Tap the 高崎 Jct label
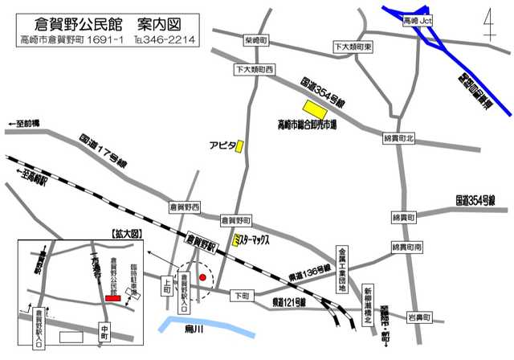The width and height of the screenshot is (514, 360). point(417,18)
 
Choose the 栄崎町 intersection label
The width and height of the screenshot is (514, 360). point(257,39)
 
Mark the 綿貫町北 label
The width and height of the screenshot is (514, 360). point(400,139)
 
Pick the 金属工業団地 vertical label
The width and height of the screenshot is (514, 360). point(342,270)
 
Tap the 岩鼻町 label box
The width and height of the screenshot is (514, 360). point(421,319)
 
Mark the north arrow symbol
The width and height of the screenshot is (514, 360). point(489,28)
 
